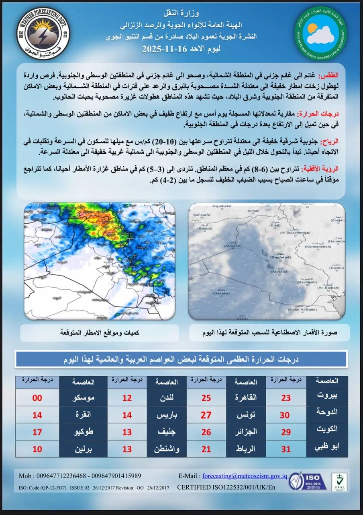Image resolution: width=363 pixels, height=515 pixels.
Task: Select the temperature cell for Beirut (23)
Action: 286,398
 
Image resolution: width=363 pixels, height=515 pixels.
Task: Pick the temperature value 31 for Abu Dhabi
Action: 286,449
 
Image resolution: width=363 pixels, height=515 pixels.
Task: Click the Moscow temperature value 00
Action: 37,398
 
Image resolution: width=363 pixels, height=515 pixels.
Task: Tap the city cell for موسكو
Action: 83,398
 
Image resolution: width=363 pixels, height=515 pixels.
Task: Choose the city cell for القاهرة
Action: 246,398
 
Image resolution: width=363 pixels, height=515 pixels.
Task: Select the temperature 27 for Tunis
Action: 206,415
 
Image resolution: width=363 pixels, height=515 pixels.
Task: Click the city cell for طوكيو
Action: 83,432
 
